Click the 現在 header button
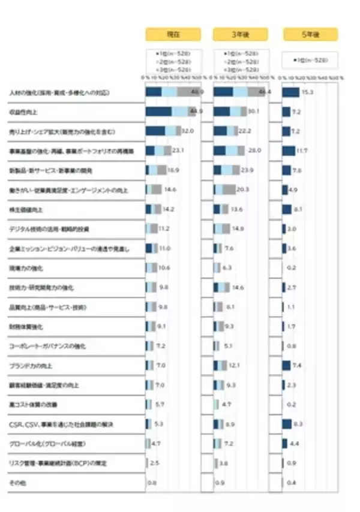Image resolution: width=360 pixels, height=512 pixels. [x=174, y=34]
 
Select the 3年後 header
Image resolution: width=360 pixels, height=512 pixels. [x=241, y=34]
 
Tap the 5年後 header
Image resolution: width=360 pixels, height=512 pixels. [x=310, y=34]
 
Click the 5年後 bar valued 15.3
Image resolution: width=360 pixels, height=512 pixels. [x=290, y=92]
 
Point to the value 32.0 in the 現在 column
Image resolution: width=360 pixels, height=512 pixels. [x=187, y=131]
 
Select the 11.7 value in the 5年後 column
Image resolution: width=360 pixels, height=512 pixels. [x=301, y=150]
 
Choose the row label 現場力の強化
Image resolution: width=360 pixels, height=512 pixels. [x=26, y=268]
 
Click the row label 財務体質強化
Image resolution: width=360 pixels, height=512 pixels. [x=26, y=327]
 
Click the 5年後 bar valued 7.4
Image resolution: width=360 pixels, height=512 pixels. [x=286, y=366]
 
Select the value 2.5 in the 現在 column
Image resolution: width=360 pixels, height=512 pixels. [x=154, y=463]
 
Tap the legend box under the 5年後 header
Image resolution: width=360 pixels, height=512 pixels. [x=310, y=60]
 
